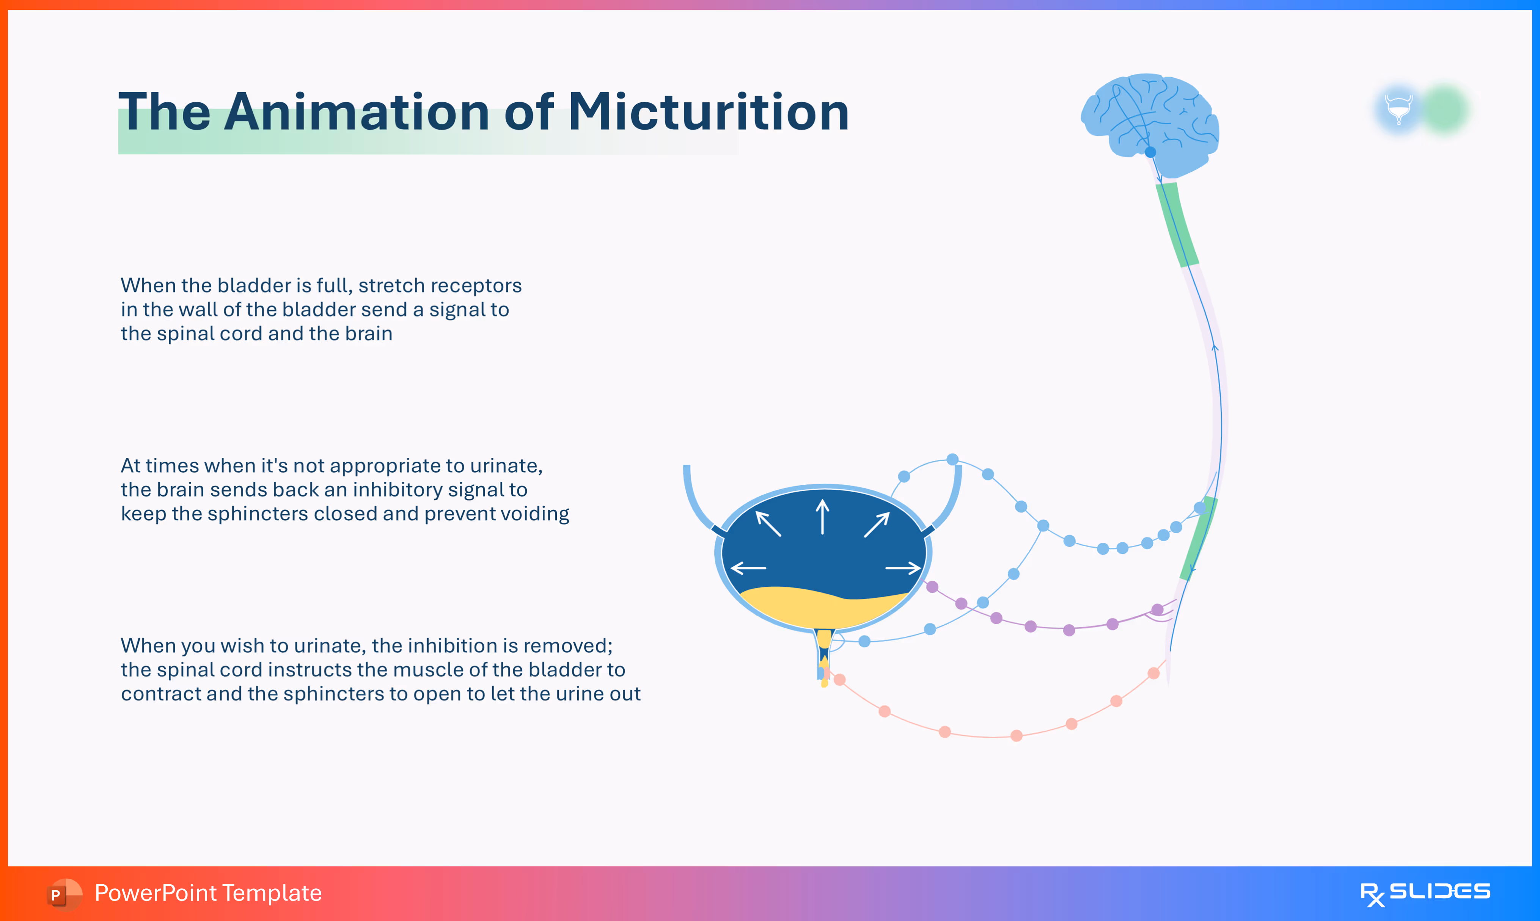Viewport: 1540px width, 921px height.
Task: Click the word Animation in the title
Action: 357,112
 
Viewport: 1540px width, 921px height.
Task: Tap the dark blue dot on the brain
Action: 1150,152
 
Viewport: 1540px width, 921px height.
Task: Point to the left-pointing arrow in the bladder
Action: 748,567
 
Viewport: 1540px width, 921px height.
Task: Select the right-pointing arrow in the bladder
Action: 903,567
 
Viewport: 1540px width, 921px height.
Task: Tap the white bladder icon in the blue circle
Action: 1399,109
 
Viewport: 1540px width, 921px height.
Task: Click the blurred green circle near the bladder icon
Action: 1444,109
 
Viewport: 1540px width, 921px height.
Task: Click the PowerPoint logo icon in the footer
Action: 63,894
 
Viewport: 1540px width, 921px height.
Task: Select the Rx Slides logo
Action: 1425,894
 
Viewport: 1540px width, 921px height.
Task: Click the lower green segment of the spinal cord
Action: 1199,537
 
